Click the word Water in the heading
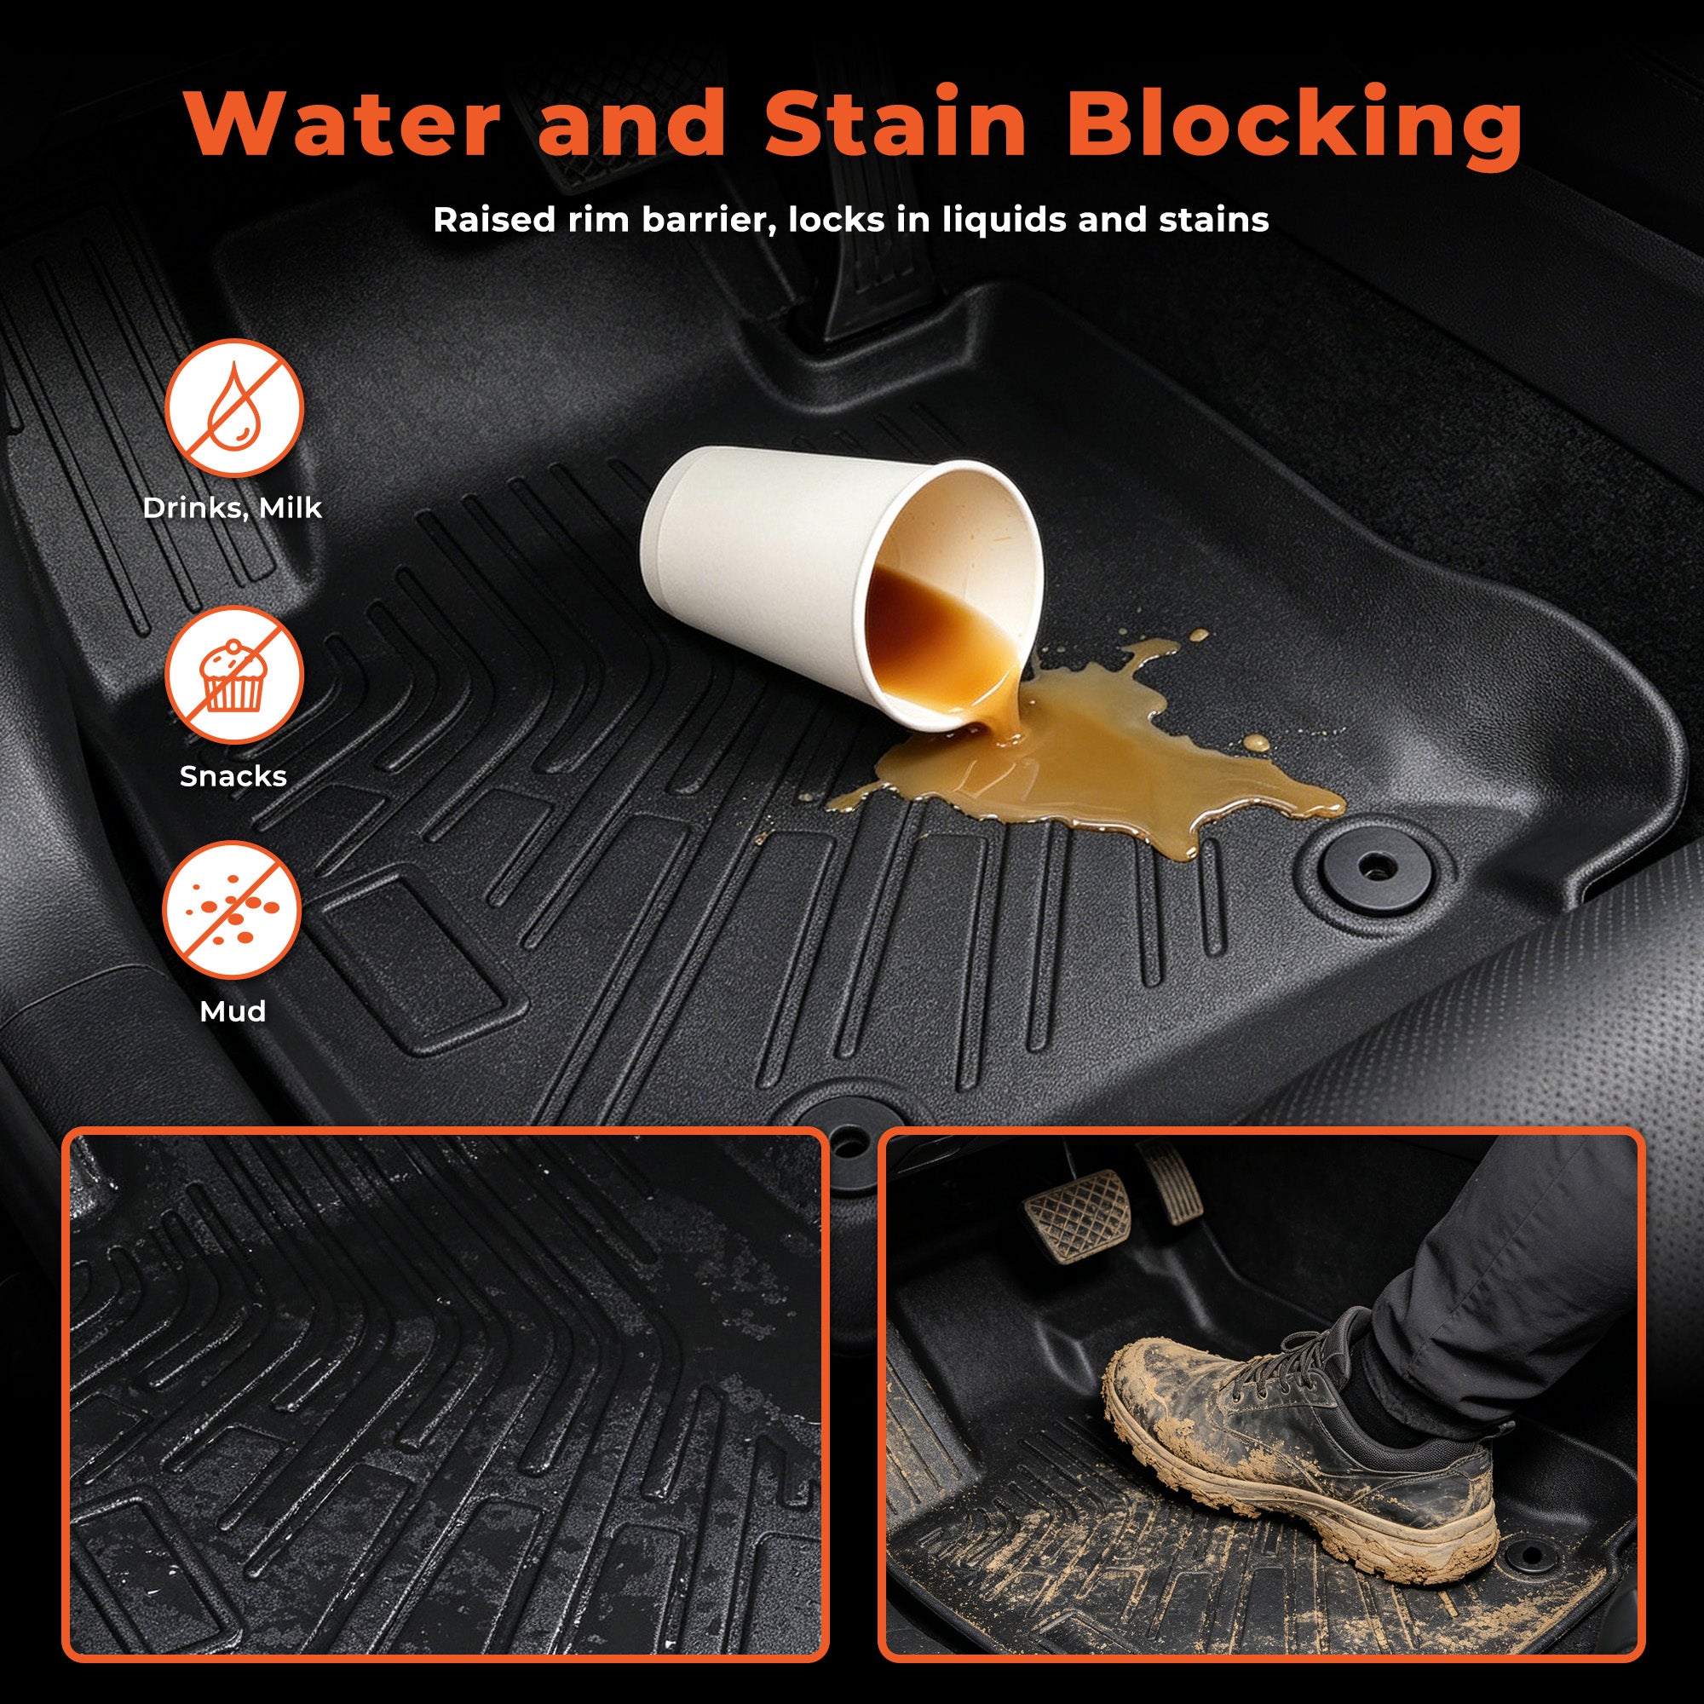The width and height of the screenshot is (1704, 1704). (343, 124)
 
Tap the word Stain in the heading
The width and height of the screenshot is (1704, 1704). (895, 124)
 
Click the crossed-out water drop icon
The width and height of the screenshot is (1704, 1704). (233, 408)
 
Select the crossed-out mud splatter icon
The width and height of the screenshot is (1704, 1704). (233, 910)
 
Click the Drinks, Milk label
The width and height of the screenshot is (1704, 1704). (232, 509)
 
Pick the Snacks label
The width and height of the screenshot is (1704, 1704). (233, 776)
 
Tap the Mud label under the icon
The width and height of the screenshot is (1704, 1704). (233, 1010)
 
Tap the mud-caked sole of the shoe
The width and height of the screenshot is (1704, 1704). (1305, 1517)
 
